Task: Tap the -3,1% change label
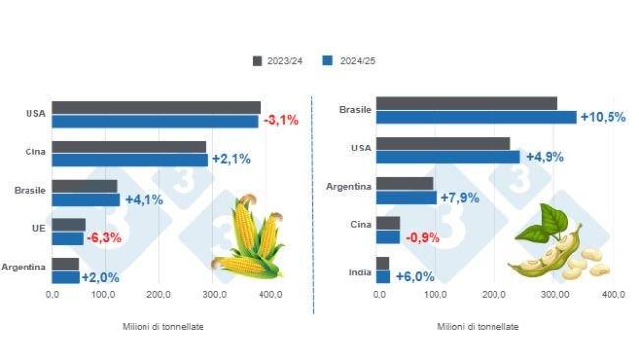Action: tap(280, 121)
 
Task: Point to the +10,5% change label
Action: tap(603, 117)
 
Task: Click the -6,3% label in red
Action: tap(105, 238)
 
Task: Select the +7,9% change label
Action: tap(461, 197)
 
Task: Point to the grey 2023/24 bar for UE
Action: tap(69, 225)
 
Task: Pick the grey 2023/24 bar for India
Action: tap(382, 263)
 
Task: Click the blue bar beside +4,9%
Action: tap(447, 157)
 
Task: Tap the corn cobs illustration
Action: tap(249, 239)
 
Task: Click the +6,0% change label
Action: tap(415, 277)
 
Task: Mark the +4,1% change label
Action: tap(144, 200)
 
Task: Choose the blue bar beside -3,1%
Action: tap(154, 121)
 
